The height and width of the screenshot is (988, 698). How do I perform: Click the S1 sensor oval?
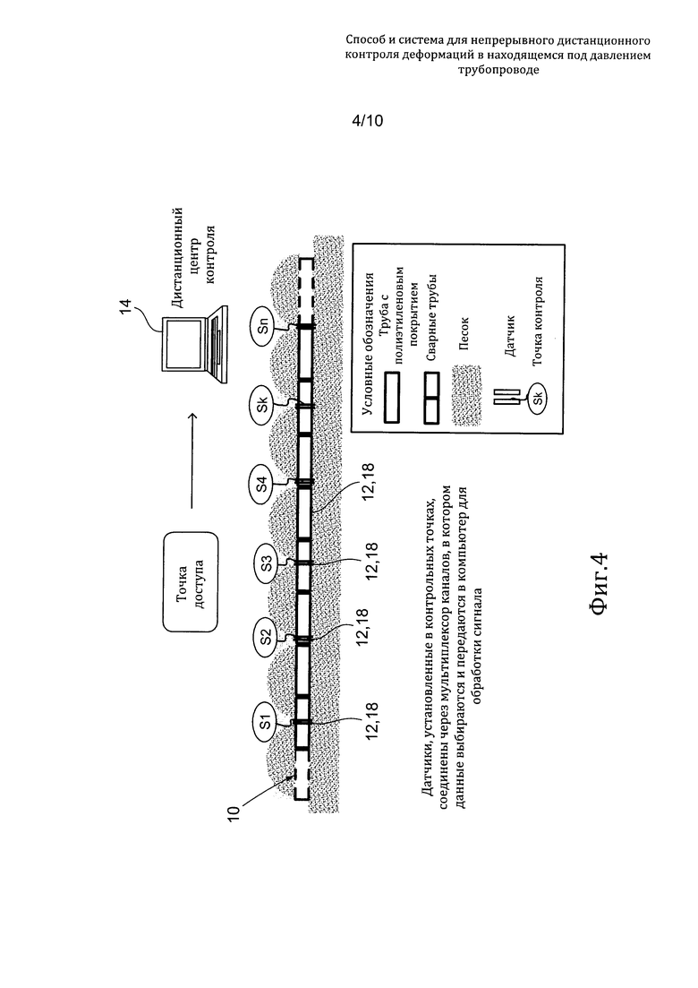coord(265,722)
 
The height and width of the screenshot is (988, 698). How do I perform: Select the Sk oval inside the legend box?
coord(538,399)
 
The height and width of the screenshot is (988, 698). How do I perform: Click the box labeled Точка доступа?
coord(191,581)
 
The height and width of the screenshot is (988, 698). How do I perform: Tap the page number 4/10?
coord(367,120)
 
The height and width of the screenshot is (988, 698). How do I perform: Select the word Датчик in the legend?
coord(510,336)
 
